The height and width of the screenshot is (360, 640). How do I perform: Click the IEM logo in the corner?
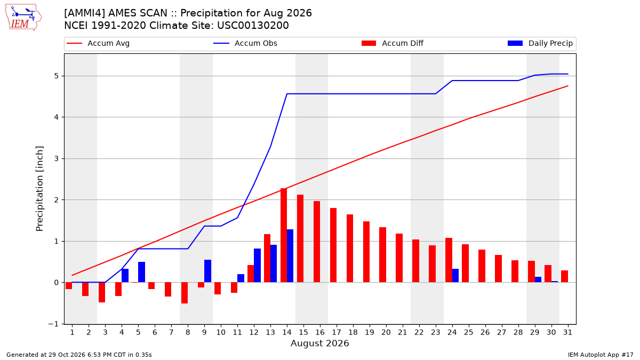23,18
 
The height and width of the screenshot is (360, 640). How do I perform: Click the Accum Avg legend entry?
98,43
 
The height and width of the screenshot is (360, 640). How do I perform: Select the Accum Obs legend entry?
245,43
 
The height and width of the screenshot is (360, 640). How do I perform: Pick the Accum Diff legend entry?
393,43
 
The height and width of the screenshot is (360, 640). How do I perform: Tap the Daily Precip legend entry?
540,43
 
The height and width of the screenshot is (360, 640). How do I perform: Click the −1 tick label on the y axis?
53,324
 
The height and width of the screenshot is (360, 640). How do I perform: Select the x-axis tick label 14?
287,332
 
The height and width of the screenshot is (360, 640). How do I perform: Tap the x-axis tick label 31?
567,332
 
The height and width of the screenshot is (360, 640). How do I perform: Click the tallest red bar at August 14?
284,235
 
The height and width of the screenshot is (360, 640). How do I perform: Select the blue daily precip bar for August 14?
290,255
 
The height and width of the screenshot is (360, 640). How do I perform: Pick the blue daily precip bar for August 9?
207,271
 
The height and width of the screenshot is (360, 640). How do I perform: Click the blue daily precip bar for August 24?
455,275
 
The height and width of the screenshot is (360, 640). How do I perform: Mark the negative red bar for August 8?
185,293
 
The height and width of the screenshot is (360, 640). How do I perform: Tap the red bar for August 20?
383,255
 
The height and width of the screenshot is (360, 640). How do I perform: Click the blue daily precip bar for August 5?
142,272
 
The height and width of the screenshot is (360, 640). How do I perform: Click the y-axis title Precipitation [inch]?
39,189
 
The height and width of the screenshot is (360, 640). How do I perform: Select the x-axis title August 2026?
319,343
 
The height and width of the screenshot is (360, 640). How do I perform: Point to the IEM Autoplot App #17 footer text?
601,355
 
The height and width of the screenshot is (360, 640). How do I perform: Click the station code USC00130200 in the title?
253,26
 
